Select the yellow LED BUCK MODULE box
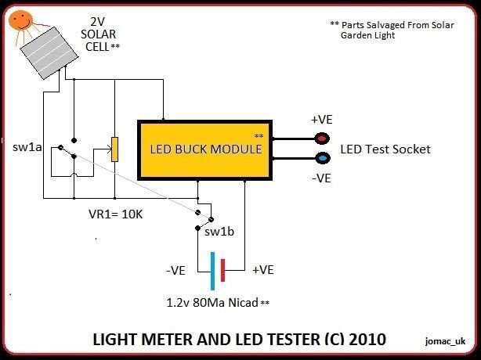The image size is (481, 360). coord(204,148)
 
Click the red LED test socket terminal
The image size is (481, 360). coord(322,139)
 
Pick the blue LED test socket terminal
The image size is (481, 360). coord(322,157)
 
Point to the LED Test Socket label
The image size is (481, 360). coord(385,149)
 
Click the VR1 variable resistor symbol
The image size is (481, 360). coord(114,149)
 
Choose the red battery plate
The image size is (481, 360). coord(223,269)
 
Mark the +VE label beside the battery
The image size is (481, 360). coord(264,270)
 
